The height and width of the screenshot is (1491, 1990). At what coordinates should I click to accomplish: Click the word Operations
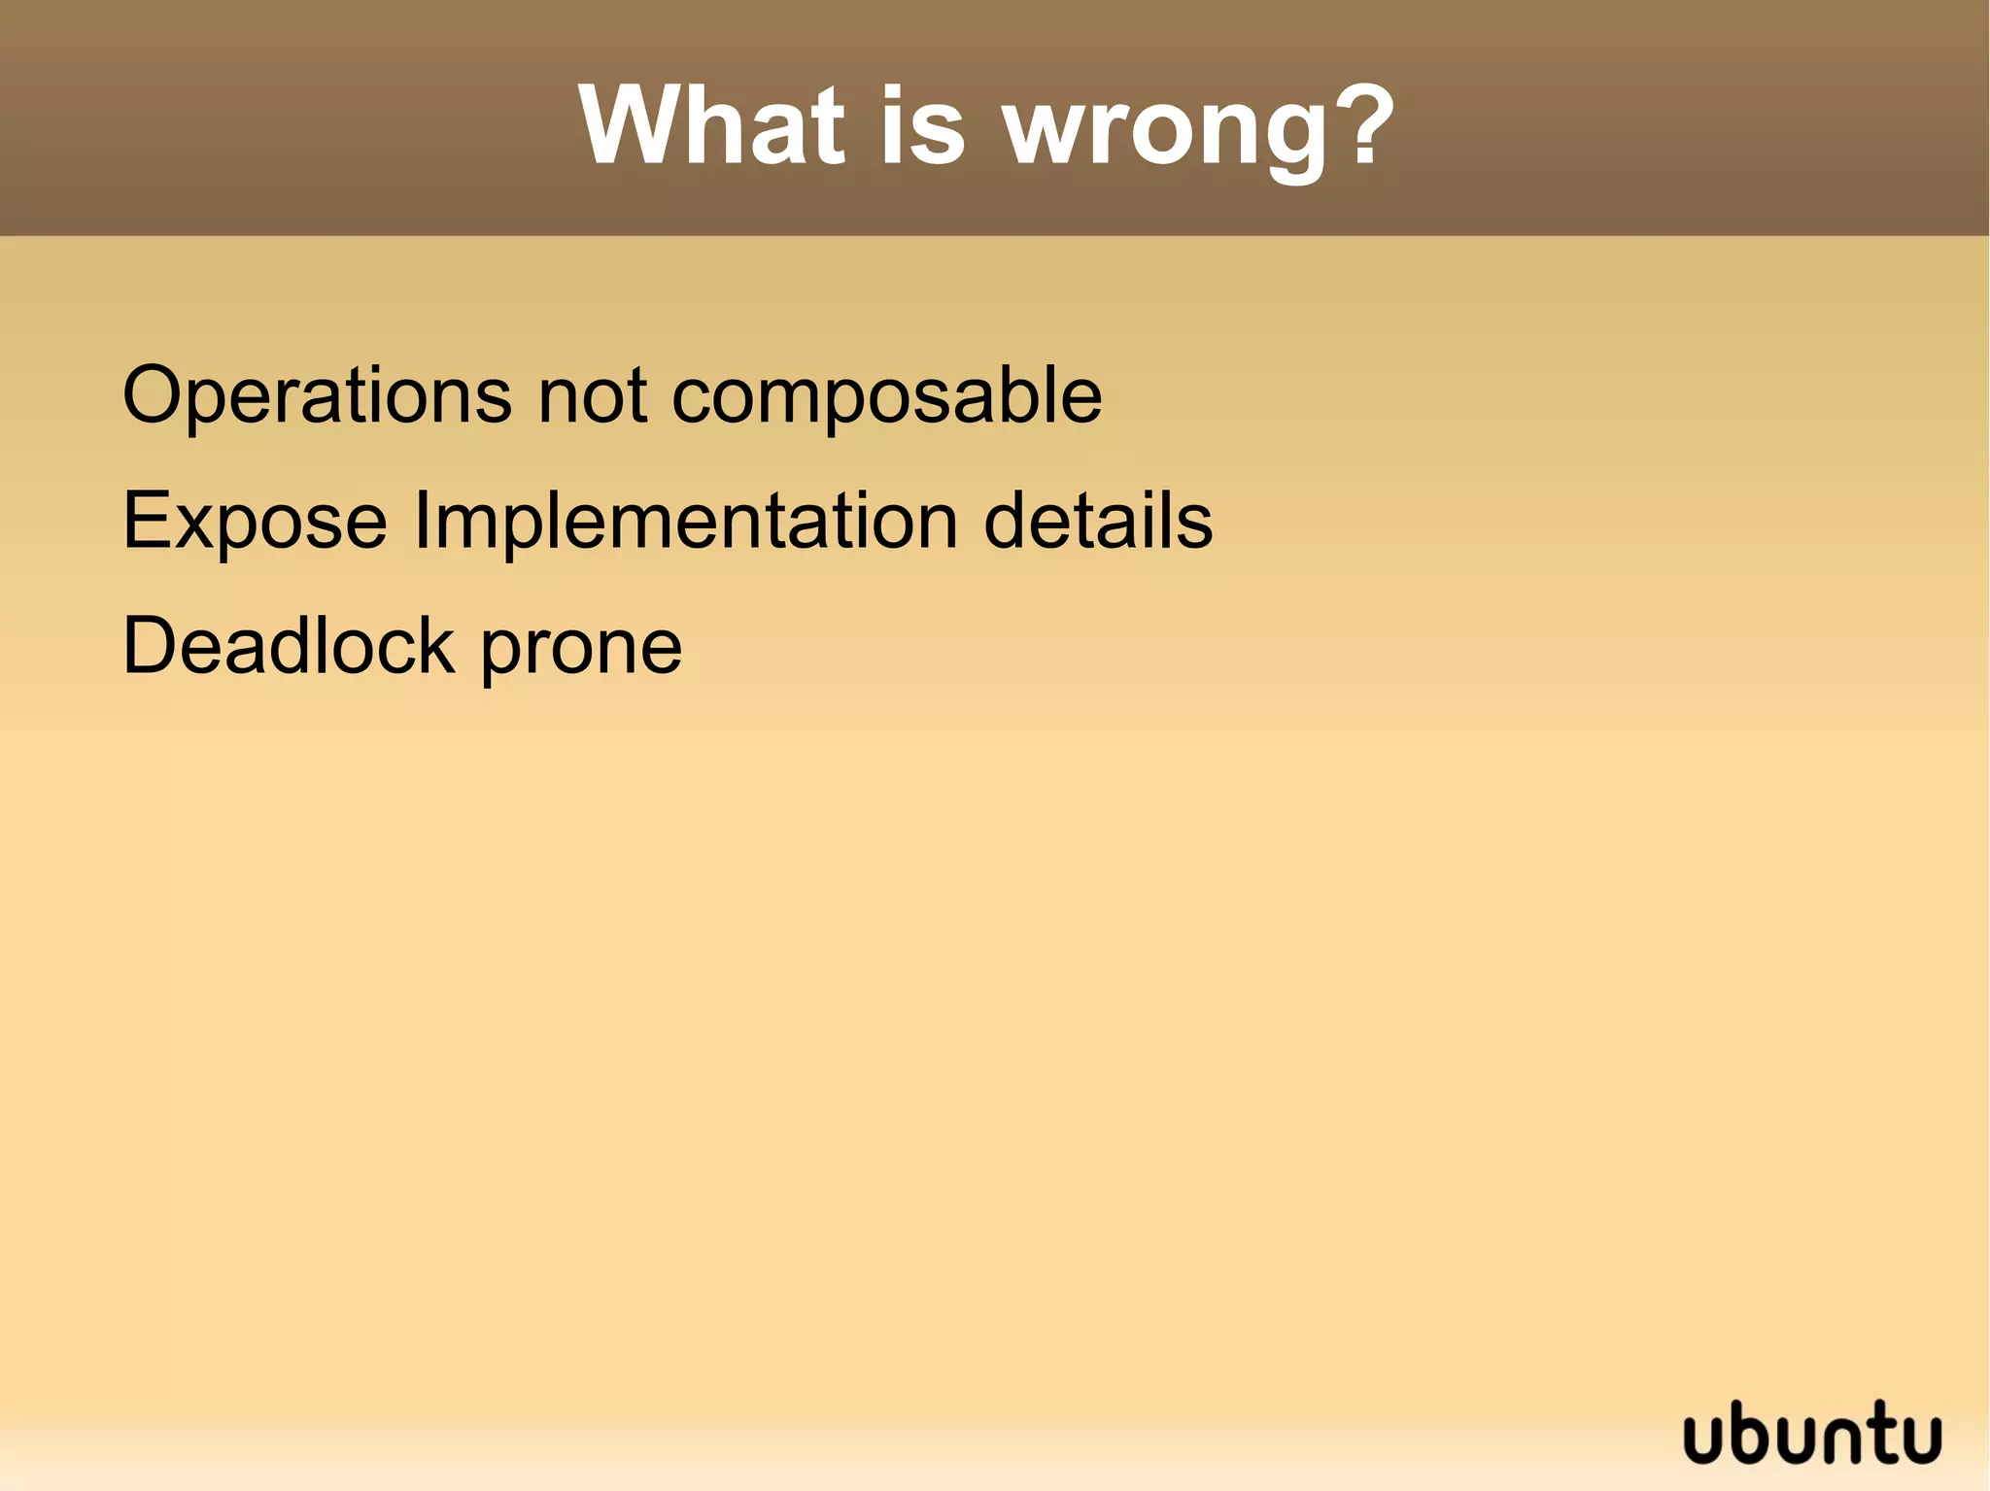point(317,396)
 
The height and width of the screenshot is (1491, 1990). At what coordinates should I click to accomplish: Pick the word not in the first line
point(592,396)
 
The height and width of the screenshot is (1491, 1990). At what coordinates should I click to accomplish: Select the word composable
point(886,398)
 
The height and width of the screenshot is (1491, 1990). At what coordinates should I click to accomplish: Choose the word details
point(1098,521)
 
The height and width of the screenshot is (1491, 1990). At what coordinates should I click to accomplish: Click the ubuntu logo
point(1812,1432)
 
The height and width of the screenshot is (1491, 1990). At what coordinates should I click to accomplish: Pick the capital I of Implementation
point(421,521)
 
